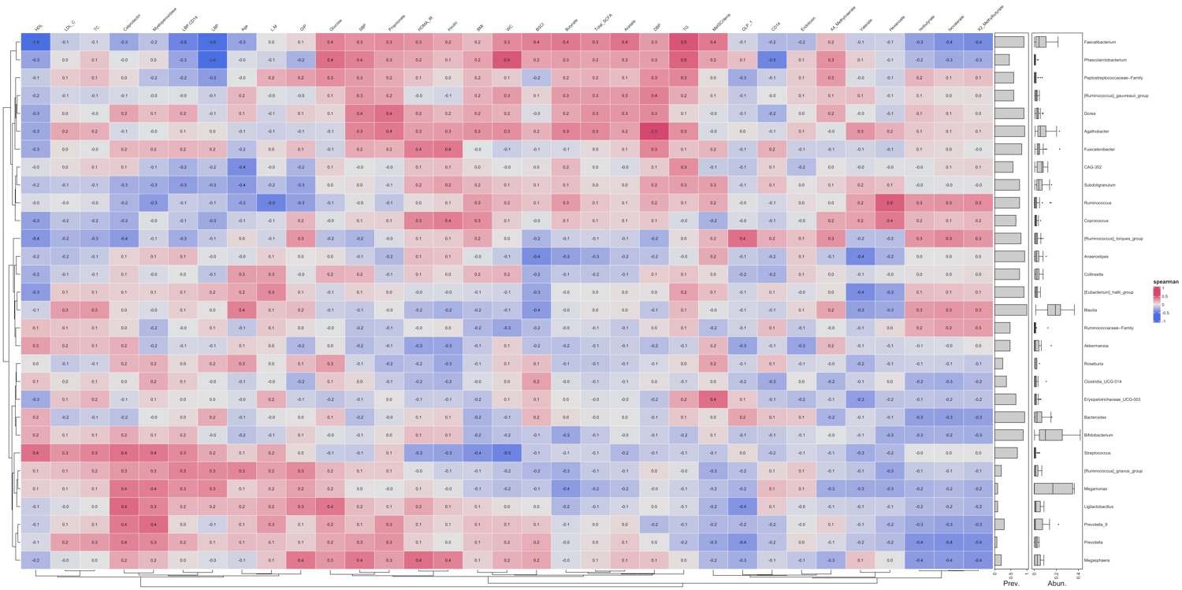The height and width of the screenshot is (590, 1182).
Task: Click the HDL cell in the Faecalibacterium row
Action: pos(36,42)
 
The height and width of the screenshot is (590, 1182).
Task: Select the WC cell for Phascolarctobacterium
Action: pos(507,60)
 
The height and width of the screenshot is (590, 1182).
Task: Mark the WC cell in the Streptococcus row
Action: pos(507,453)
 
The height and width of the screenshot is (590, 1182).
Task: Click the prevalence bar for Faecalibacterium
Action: pos(1009,42)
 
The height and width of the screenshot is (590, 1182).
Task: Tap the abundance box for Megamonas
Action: pos(1053,488)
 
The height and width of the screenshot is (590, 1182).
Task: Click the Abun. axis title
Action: pos(1056,584)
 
